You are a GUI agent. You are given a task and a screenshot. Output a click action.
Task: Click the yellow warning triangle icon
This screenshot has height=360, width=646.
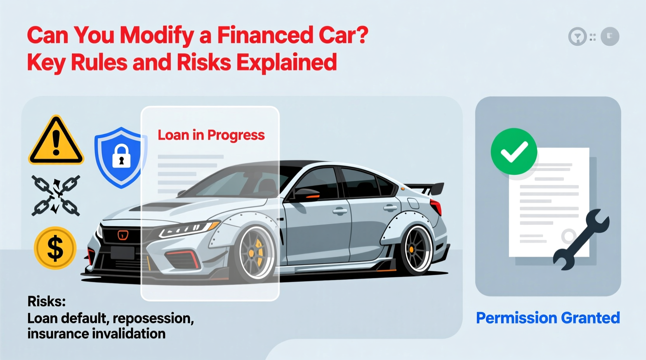tap(56, 142)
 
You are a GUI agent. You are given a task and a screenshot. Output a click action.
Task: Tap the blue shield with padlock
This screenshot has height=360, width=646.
tap(120, 157)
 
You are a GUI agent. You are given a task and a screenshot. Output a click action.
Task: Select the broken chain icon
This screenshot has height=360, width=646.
tap(56, 195)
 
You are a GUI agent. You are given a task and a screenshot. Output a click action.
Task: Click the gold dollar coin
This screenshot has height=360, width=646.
tap(55, 248)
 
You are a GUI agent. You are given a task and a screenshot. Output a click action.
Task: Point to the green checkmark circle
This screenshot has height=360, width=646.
tap(514, 151)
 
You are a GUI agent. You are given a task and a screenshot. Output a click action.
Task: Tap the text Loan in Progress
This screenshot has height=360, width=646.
tap(211, 135)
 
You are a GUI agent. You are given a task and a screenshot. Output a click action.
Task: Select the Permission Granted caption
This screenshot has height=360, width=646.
tap(548, 318)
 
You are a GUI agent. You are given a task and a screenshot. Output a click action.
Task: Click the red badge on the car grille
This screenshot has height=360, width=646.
tap(123, 235)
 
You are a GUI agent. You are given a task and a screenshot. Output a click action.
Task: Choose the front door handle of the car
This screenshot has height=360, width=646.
tap(340, 211)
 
